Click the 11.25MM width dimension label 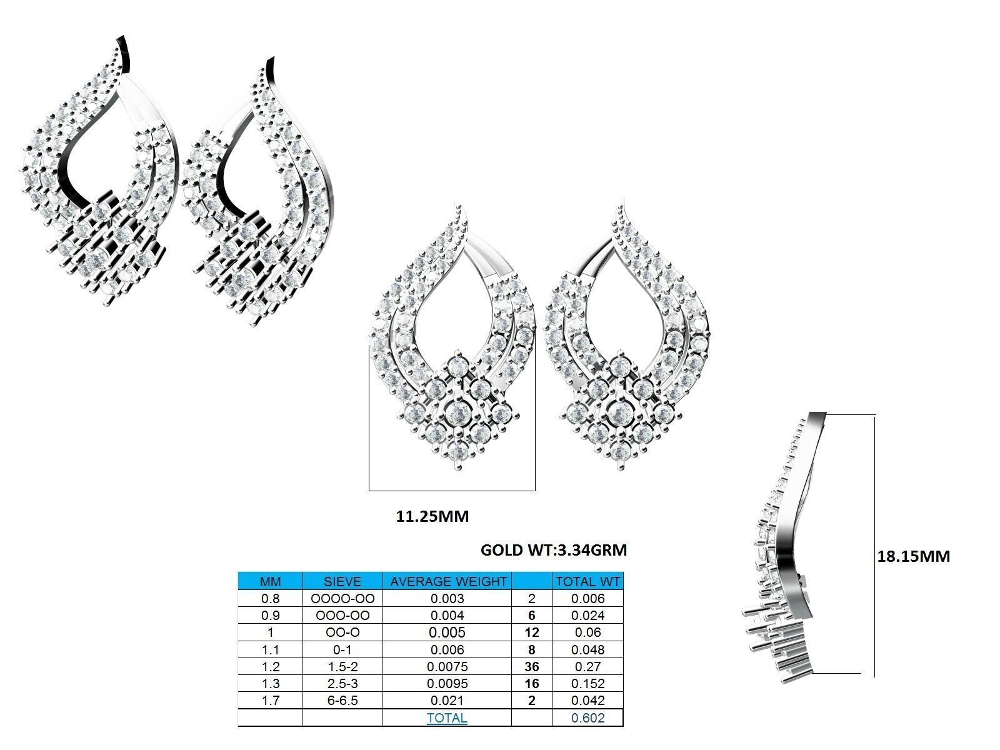tap(432, 517)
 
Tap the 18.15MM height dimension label tap(913, 556)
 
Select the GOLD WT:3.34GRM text tap(553, 550)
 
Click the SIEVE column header tap(342, 581)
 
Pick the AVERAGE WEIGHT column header tap(447, 581)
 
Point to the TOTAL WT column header tap(587, 581)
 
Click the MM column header tap(270, 581)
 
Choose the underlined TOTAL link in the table tap(447, 718)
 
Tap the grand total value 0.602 tap(587, 718)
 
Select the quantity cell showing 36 tap(531, 667)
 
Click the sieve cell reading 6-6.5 tap(342, 701)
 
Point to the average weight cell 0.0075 tap(447, 667)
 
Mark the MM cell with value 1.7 tap(270, 701)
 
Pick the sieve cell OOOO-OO tap(342, 599)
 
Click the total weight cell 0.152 tap(587, 684)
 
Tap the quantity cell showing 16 tap(531, 684)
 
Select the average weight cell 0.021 tap(447, 701)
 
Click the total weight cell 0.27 tap(587, 667)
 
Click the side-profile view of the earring tap(784, 550)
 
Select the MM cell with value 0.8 tap(270, 599)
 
